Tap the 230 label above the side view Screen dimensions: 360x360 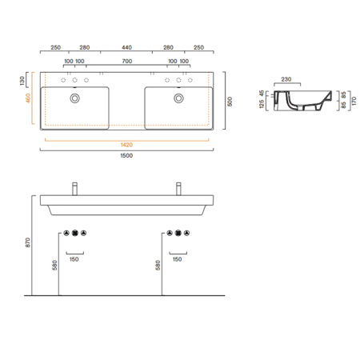[x=286, y=79]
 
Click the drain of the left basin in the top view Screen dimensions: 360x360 [x=74, y=98]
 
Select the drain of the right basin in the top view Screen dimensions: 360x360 [x=178, y=98]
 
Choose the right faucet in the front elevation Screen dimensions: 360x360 [x=178, y=189]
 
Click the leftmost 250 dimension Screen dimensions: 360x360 [x=56, y=47]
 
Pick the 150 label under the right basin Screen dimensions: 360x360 [x=178, y=259]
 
